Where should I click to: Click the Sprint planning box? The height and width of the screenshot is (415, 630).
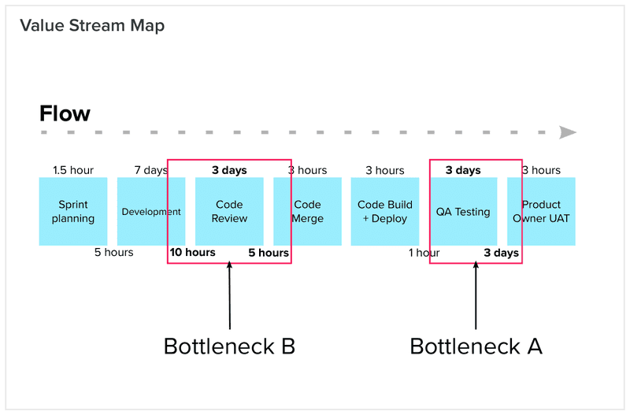click(x=73, y=211)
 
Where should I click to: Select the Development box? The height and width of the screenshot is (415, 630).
click(x=150, y=211)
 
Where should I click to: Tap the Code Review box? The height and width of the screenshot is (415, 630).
click(x=229, y=211)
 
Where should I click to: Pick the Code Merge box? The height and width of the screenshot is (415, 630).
click(x=307, y=211)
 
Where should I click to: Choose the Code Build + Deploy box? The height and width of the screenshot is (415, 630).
click(x=385, y=211)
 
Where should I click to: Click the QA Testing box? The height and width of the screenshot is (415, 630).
click(x=463, y=211)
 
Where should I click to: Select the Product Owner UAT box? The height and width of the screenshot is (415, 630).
click(x=541, y=211)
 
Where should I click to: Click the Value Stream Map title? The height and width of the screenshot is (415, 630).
click(x=92, y=26)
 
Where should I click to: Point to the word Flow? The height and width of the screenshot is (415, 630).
click(x=65, y=113)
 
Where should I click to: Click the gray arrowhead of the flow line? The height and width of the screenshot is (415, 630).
click(x=568, y=132)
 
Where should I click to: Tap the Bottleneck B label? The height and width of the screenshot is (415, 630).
click(x=229, y=346)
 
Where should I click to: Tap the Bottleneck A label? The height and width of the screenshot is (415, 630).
click(x=476, y=346)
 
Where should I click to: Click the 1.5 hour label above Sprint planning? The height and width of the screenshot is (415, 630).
click(x=73, y=170)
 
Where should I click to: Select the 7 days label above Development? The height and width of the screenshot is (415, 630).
click(x=150, y=170)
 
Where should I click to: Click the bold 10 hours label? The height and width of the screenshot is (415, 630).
click(x=192, y=253)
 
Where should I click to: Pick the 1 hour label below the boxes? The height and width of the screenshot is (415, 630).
click(x=424, y=253)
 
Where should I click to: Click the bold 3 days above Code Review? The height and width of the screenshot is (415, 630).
click(x=229, y=170)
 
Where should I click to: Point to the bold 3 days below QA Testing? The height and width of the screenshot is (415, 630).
click(x=501, y=253)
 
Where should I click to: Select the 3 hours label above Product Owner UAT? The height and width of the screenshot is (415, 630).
click(x=541, y=170)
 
